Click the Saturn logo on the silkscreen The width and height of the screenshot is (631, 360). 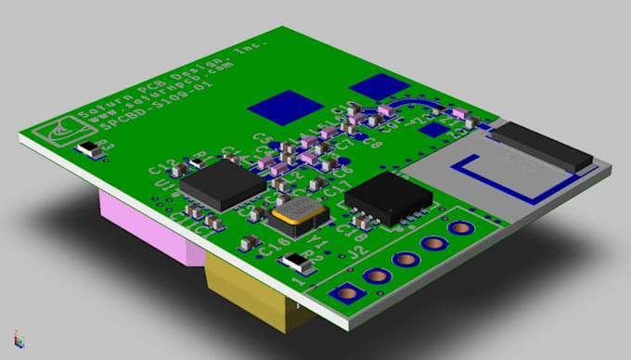pos(58,133)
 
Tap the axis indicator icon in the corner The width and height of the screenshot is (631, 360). pos(16,340)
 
